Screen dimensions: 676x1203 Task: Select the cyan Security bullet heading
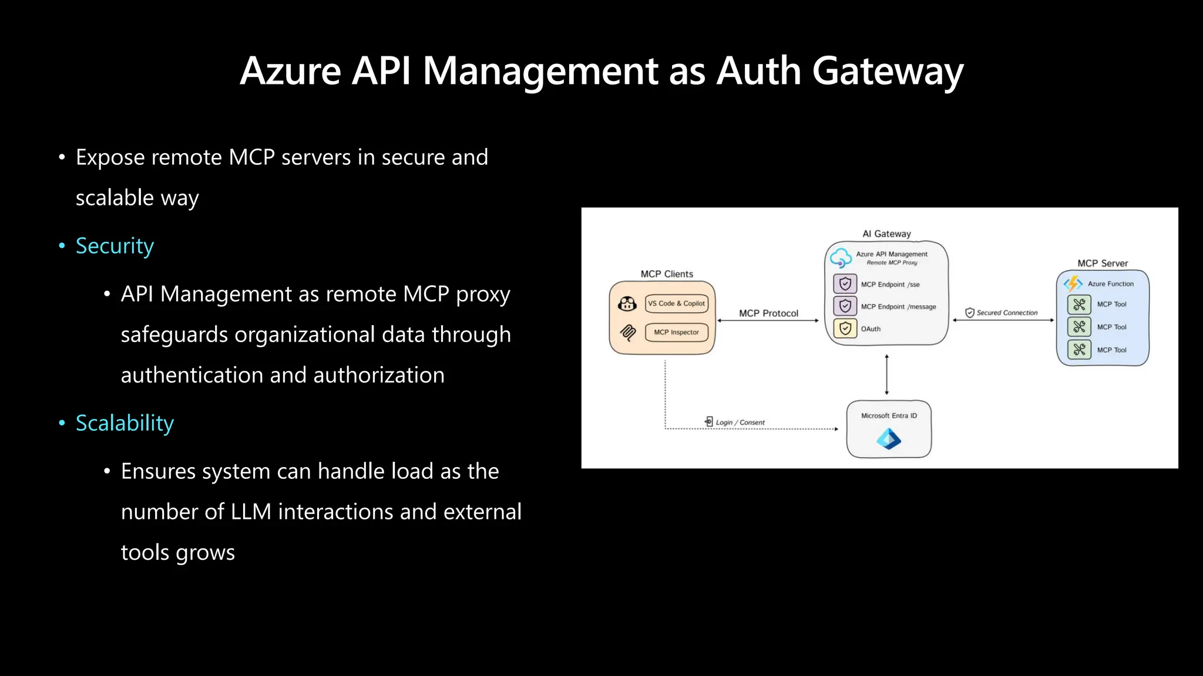(115, 246)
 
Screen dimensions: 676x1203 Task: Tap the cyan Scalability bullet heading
(125, 423)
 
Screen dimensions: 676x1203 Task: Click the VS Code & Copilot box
(676, 303)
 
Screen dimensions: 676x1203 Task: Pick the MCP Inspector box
(676, 332)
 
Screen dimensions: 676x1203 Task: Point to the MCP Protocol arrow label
(768, 313)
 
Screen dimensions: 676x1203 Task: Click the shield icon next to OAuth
(845, 329)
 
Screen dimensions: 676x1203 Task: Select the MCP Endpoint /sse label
(890, 285)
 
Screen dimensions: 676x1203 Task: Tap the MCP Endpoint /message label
(898, 307)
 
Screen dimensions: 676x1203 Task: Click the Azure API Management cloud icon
(841, 258)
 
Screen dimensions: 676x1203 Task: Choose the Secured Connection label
(1007, 313)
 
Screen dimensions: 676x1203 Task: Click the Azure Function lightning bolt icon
(1073, 283)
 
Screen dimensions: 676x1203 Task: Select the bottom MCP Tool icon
(1079, 350)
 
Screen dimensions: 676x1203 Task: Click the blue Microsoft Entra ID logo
(888, 439)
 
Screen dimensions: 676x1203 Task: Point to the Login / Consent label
(740, 422)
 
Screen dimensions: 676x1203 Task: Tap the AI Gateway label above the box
(886, 234)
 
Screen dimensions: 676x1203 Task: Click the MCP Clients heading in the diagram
(667, 274)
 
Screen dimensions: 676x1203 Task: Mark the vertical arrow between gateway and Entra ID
(886, 375)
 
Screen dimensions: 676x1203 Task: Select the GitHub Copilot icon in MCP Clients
(627, 303)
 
